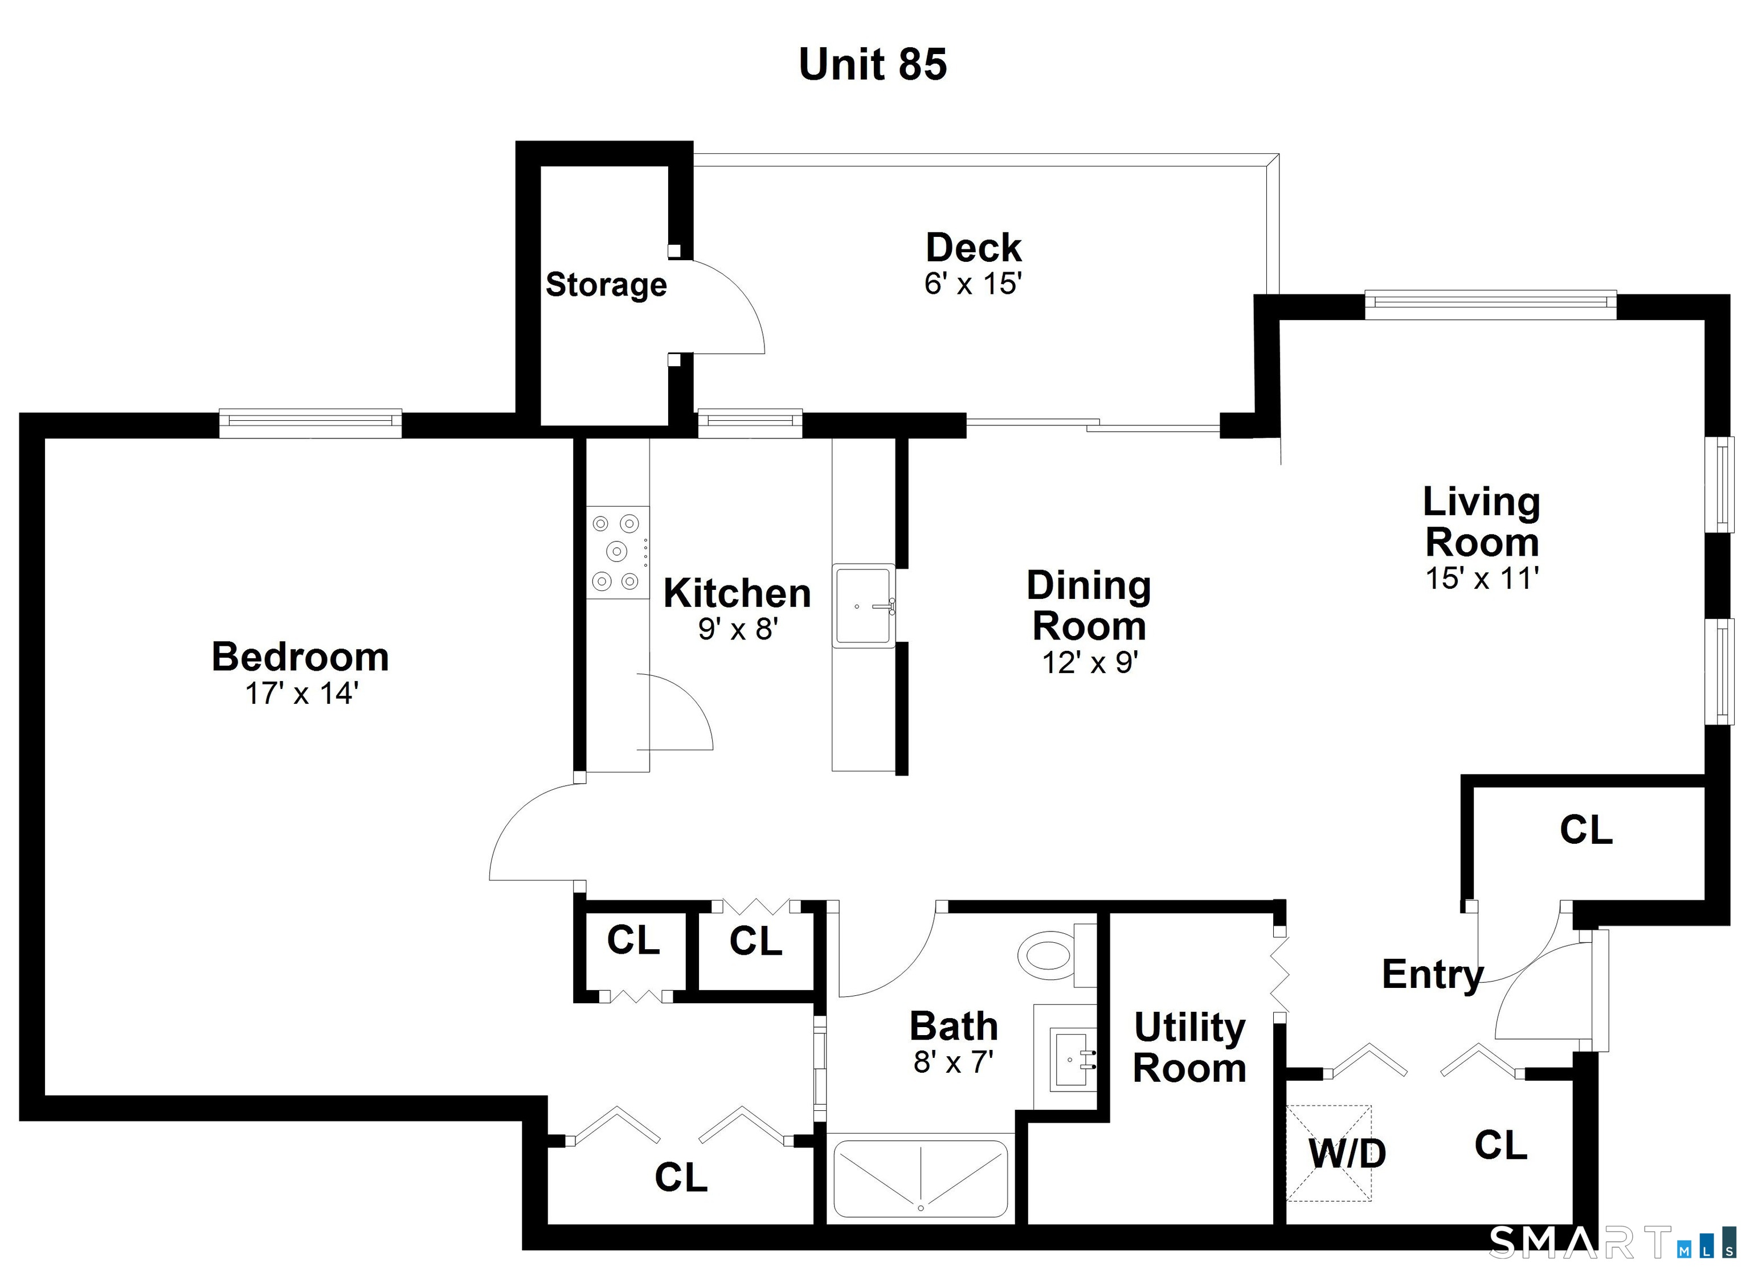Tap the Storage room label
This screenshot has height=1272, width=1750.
point(607,285)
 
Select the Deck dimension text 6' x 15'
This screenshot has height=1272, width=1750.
point(973,284)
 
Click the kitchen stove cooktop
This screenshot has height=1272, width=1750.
point(618,552)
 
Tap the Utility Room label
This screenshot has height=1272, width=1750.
point(1189,1048)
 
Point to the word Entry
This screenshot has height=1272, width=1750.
point(1433,974)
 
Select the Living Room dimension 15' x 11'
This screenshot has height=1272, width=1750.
point(1482,578)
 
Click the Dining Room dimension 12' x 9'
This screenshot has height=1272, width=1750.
point(1090,662)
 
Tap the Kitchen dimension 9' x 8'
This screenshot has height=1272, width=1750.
point(738,629)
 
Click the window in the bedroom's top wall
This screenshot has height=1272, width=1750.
point(310,422)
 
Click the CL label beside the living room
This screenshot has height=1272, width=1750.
point(1587,830)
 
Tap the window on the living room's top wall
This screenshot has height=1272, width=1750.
point(1491,304)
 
